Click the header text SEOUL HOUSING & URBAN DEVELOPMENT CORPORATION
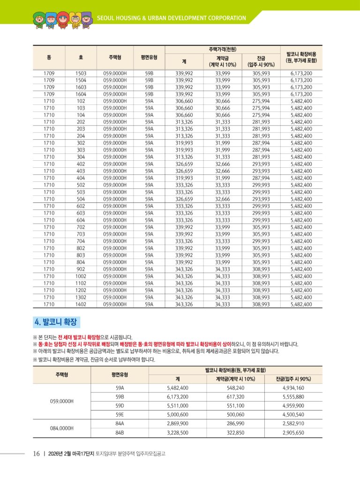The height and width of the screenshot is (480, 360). (171, 18)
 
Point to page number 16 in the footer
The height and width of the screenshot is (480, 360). (37, 454)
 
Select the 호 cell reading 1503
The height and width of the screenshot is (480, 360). (81, 73)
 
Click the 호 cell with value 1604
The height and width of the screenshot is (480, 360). (81, 94)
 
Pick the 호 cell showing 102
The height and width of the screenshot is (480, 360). (81, 101)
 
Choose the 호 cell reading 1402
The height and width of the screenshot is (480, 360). (81, 304)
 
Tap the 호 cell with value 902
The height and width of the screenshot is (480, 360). (81, 269)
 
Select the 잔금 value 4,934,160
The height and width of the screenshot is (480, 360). (293, 388)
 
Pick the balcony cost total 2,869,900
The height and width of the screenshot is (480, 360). (178, 424)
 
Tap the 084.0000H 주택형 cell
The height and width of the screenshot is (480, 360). (62, 428)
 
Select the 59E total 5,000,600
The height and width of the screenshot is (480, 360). (178, 415)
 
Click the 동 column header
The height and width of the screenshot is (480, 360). (49, 57)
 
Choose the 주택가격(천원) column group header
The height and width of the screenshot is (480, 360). (222, 49)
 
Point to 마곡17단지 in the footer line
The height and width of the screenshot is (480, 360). (83, 454)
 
